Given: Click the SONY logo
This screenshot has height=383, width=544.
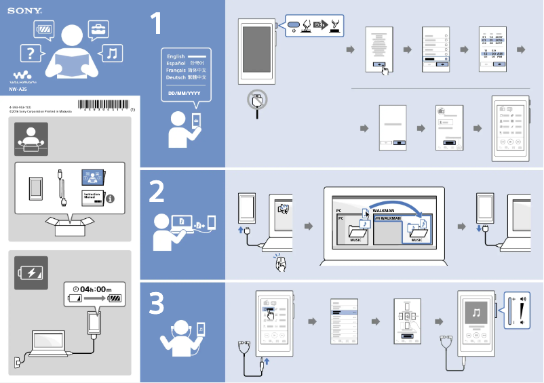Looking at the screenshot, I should pos(21,11).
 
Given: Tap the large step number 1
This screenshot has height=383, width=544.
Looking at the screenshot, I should pos(156,24).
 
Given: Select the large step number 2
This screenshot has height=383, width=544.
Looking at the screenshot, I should pos(157,193).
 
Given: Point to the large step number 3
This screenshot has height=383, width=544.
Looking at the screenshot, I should pos(157,304).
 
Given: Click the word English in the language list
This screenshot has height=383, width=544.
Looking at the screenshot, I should pos(176,56).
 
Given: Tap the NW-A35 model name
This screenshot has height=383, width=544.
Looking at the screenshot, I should pos(18,89).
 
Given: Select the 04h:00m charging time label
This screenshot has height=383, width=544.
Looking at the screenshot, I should pos(92,289).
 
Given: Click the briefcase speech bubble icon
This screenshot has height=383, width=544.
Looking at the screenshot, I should pos(99,28).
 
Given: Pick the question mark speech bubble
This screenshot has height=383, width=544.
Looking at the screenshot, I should pos(30,52).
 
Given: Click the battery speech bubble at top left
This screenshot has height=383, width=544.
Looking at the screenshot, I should pos(43,29).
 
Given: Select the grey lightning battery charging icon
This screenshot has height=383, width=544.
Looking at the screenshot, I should pos(31,273).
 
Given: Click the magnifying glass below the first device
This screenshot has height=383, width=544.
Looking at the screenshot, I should pos(257,102).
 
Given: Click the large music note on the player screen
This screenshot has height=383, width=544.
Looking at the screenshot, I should pos(476,313).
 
